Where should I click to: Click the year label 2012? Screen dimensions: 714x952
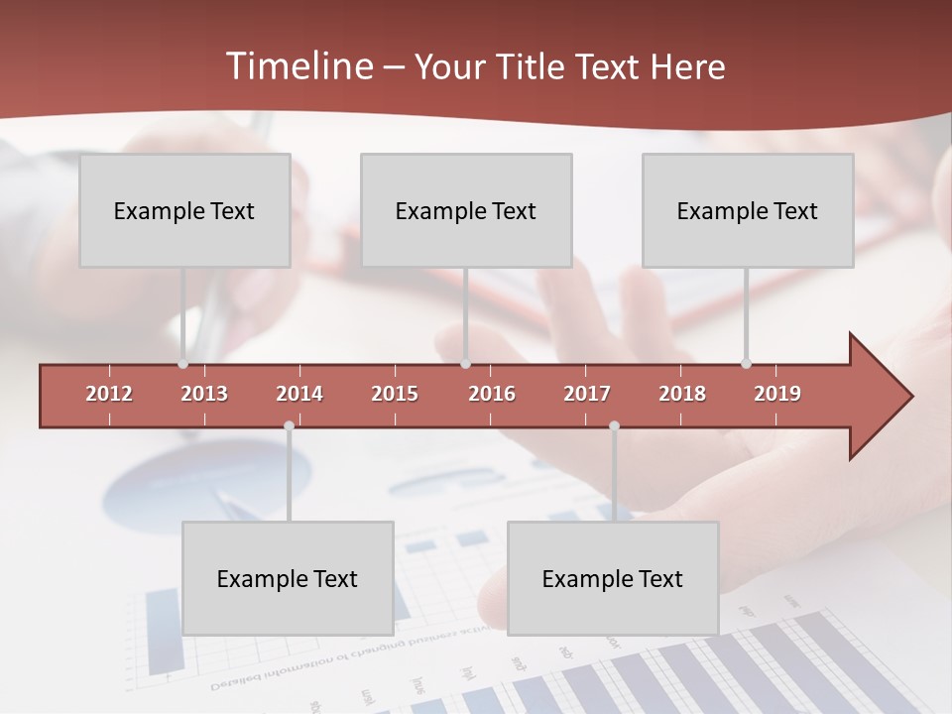click(x=109, y=394)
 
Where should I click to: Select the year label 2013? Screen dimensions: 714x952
click(x=204, y=394)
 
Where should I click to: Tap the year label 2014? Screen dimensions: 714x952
click(x=299, y=394)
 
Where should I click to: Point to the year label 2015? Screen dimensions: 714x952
click(x=395, y=394)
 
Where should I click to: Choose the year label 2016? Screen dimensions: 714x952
click(x=492, y=394)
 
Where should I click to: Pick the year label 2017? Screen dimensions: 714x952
click(x=587, y=394)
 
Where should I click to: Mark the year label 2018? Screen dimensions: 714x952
click(x=682, y=394)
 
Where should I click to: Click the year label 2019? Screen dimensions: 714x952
click(x=777, y=394)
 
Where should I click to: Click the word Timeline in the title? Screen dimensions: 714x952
click(x=298, y=66)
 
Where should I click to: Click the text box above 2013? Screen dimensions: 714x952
click(x=184, y=210)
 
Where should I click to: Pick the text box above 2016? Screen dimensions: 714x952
click(x=466, y=210)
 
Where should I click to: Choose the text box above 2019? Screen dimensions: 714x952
click(x=748, y=210)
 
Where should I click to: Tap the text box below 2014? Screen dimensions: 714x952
click(x=288, y=578)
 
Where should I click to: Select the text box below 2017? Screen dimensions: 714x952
click(x=613, y=578)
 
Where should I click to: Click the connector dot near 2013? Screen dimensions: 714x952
click(x=183, y=364)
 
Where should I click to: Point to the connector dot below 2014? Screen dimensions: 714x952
click(x=289, y=425)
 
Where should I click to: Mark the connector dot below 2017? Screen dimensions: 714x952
click(x=614, y=425)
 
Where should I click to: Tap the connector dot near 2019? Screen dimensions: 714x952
click(x=746, y=364)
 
